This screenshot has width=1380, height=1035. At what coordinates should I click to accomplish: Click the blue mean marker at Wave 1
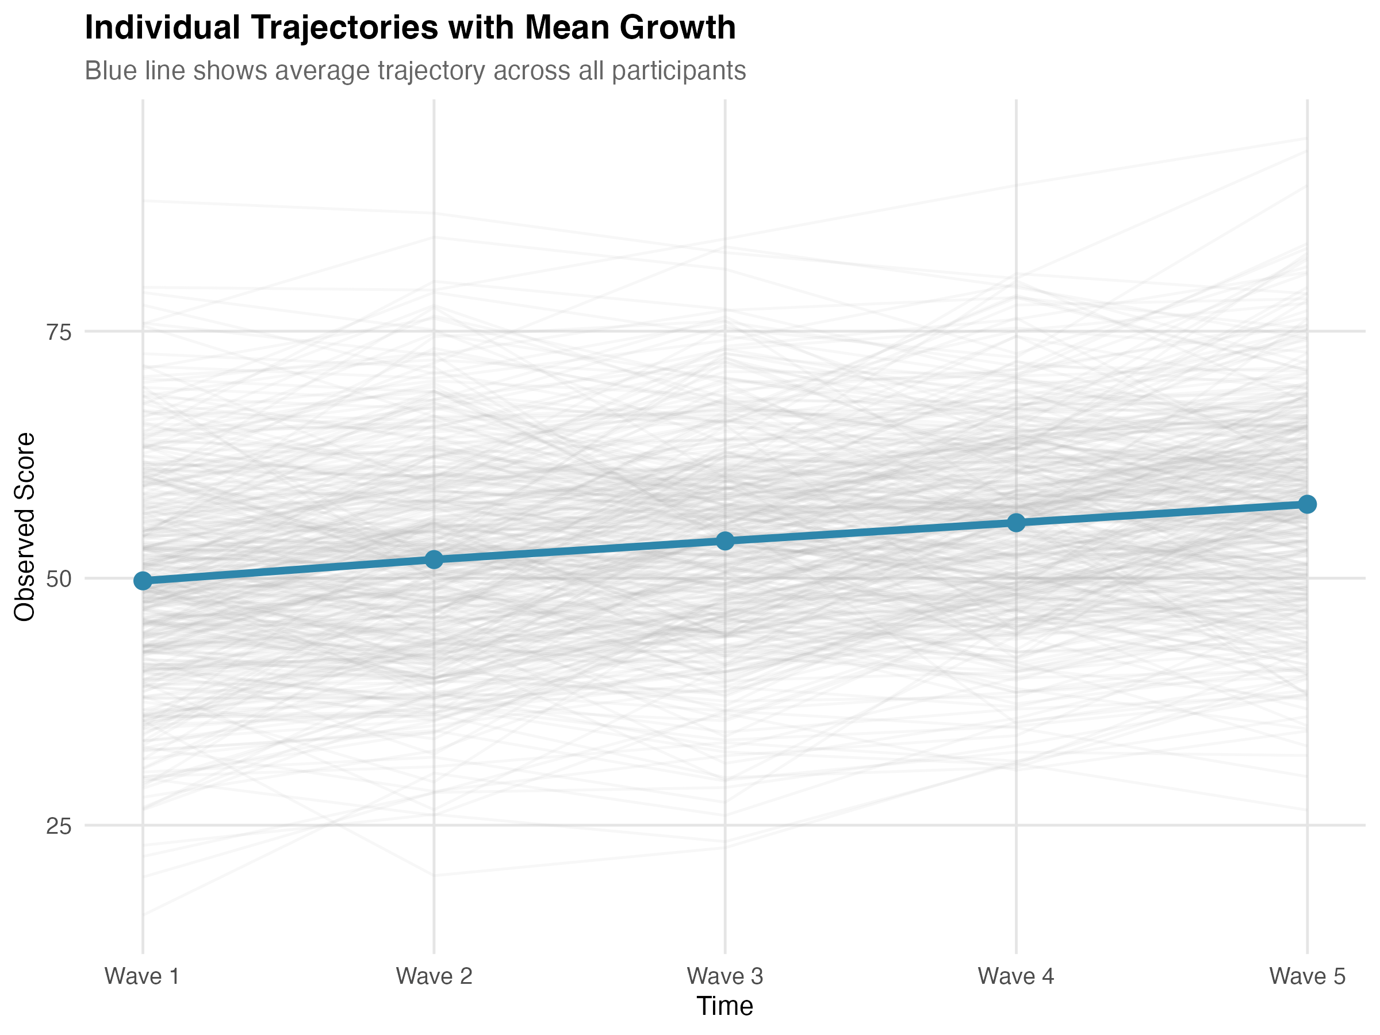point(143,581)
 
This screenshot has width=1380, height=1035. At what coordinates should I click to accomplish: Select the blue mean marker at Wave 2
point(434,559)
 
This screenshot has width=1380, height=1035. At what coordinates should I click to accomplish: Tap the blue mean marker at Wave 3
point(725,541)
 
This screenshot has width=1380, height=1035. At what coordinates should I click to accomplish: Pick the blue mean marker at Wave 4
point(1016,523)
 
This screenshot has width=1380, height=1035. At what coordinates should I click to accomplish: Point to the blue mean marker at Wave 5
point(1307,504)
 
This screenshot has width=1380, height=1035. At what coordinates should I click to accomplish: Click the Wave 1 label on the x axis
point(142,976)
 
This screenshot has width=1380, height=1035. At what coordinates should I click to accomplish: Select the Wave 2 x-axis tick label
point(434,976)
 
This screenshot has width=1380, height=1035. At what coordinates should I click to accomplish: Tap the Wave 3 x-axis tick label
point(725,976)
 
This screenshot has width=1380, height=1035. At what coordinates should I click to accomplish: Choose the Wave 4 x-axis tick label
point(1015,976)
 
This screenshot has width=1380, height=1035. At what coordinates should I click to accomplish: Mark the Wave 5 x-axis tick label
point(1307,976)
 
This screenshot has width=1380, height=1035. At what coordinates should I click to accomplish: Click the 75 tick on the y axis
point(59,332)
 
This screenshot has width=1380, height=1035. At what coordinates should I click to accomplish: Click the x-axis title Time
point(725,1006)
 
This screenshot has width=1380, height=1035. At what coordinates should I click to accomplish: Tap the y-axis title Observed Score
point(25,527)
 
